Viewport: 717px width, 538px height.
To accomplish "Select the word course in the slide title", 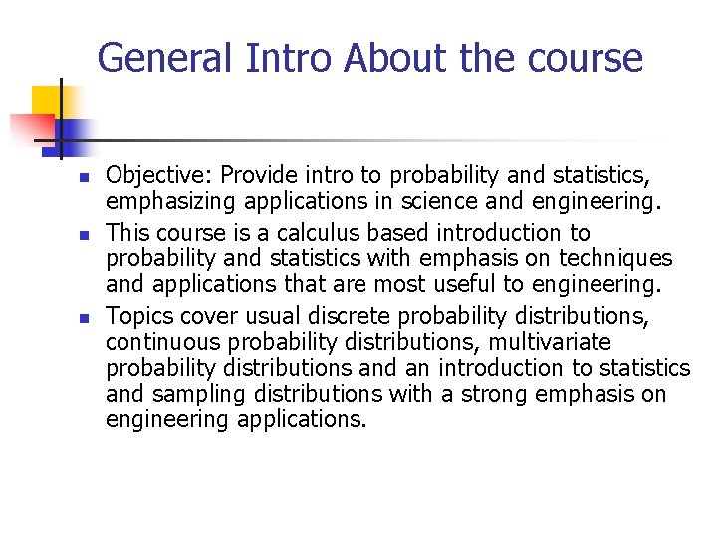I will pyautogui.click(x=587, y=58).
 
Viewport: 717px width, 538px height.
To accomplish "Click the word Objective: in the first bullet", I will pyautogui.click(x=159, y=176).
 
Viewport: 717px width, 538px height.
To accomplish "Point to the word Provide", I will pyautogui.click(x=256, y=176).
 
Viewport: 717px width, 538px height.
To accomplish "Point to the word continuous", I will pyautogui.click(x=161, y=343).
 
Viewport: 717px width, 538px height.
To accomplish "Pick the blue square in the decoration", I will pyautogui.click(x=70, y=133).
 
